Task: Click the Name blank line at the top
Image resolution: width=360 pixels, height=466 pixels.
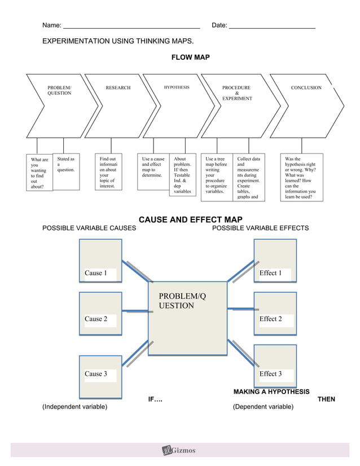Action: click(x=131, y=27)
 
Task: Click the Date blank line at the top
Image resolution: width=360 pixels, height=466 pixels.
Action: click(x=272, y=27)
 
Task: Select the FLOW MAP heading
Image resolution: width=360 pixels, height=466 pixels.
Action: click(x=190, y=58)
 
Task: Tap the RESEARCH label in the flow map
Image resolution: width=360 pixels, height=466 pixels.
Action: click(x=118, y=88)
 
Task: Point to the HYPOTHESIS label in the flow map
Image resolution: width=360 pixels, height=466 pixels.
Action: click(x=177, y=87)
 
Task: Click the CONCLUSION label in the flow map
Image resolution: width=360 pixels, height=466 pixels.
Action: click(x=306, y=88)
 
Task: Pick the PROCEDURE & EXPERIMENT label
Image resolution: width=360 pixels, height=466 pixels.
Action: click(x=236, y=93)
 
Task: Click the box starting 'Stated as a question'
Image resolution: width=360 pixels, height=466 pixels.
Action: click(x=66, y=172)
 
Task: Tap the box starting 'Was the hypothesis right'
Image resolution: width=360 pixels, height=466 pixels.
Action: click(x=301, y=178)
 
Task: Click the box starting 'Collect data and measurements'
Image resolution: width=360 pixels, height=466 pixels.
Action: click(x=249, y=178)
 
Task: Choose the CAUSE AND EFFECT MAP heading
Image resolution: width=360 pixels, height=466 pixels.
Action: click(x=190, y=219)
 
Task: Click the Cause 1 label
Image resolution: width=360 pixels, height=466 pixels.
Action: click(x=95, y=273)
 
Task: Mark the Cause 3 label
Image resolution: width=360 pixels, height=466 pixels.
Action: click(x=95, y=373)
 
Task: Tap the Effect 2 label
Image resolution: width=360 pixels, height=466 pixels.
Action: click(x=270, y=319)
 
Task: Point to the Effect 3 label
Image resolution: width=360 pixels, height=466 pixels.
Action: click(x=270, y=373)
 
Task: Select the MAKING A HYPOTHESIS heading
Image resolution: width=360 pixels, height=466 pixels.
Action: click(x=271, y=392)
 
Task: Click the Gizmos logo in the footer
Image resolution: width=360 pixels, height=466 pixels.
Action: click(x=179, y=450)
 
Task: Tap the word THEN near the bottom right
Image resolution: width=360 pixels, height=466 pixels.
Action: click(x=326, y=399)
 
